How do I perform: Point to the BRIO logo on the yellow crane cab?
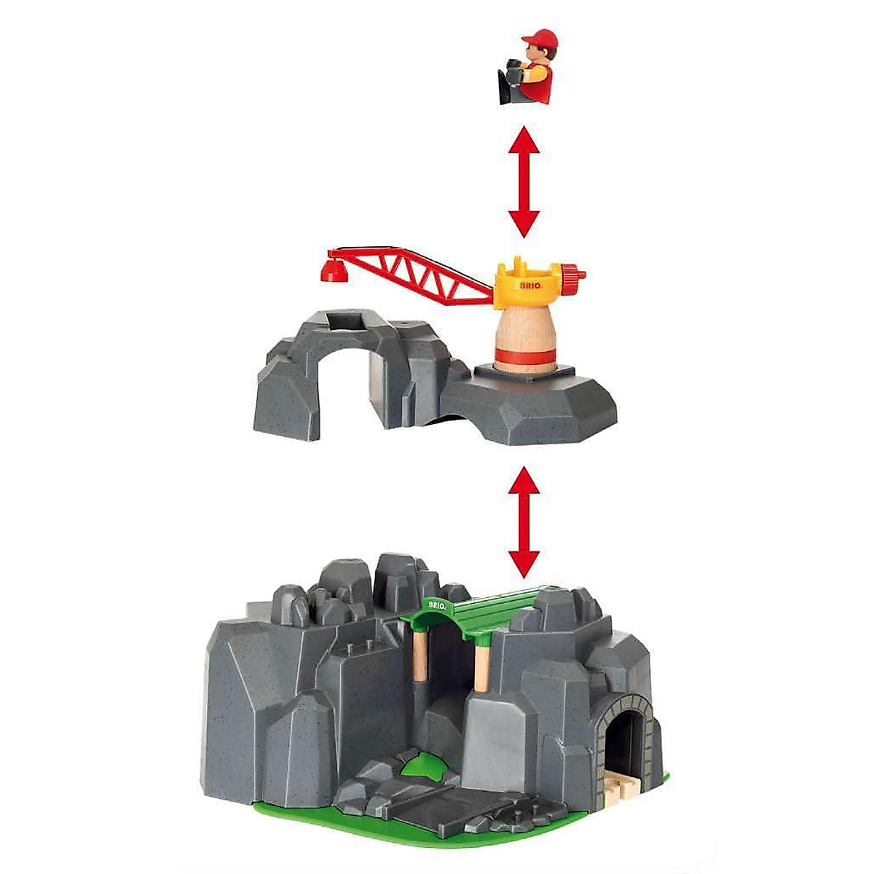point(529,286)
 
